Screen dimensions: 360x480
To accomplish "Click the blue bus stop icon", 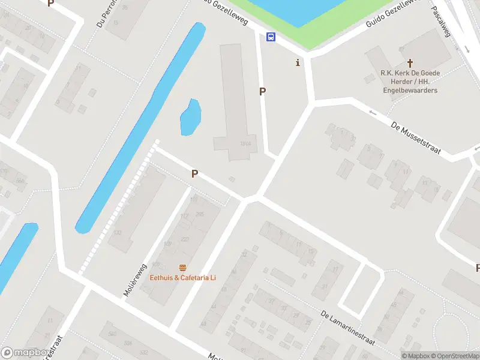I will pyautogui.click(x=271, y=37).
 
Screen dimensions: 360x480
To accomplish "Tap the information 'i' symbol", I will pyautogui.click(x=298, y=62).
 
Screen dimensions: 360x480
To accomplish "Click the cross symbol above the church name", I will pyautogui.click(x=410, y=62).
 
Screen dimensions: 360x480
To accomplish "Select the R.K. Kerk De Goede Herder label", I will pyautogui.click(x=410, y=73).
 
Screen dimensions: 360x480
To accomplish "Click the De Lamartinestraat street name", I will pyautogui.click(x=347, y=328).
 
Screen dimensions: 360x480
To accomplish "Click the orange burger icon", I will pyautogui.click(x=182, y=268).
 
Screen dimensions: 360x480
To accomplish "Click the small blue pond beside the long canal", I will pyautogui.click(x=190, y=118).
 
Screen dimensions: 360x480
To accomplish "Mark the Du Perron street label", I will pyautogui.click(x=104, y=16).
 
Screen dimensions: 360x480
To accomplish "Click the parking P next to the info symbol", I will pyautogui.click(x=262, y=91).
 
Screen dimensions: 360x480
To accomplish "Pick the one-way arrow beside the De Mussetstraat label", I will pyautogui.click(x=373, y=112).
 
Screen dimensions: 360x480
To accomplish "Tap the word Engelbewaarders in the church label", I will pyautogui.click(x=410, y=90).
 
